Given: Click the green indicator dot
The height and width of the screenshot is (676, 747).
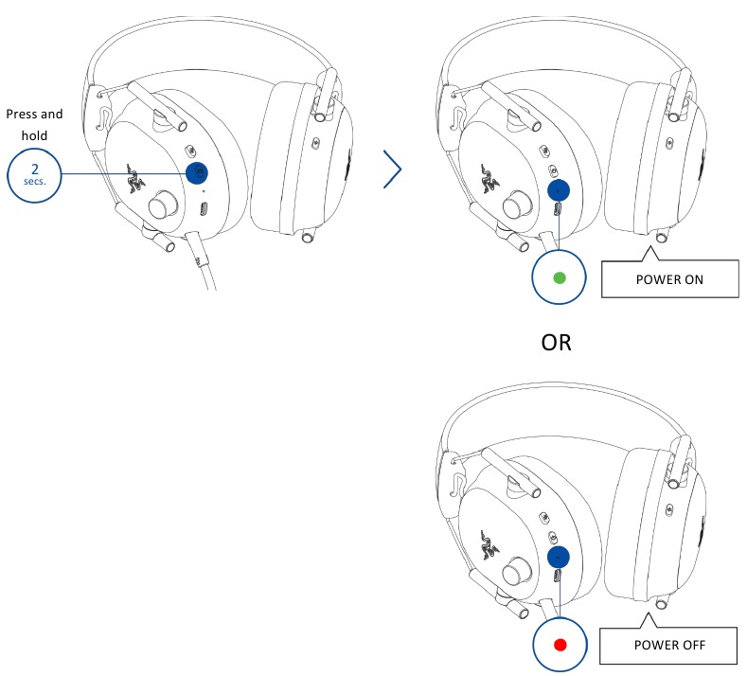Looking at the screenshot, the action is coord(560,277).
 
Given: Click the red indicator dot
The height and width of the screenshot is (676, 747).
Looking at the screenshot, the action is coord(560,645).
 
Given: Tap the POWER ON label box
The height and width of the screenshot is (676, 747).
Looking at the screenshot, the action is coord(669,279).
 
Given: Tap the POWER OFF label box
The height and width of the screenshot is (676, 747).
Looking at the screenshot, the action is coord(668,646).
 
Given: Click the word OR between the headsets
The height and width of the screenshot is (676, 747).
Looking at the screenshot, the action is coord(556,343).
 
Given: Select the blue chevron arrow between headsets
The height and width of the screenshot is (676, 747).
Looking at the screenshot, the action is coord(393,169).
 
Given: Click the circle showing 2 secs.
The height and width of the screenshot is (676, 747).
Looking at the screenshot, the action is coord(34,175).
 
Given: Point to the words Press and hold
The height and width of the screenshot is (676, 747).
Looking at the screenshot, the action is coord(34,125).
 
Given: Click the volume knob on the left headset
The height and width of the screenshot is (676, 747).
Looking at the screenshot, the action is coord(164,205).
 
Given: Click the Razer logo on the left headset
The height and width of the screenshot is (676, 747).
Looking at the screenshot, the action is coord(135,179).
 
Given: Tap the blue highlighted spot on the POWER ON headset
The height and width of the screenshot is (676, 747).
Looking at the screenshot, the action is coord(559,190).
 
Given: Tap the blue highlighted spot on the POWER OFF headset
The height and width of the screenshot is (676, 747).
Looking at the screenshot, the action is coord(559,557).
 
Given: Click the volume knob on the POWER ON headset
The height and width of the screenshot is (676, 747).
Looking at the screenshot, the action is coord(517,205).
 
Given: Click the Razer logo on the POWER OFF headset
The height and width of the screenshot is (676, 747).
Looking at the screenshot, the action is coord(489,545).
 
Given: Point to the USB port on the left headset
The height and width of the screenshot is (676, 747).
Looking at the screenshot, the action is coord(204,208).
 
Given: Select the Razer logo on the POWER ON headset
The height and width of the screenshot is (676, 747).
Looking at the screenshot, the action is coord(490,179).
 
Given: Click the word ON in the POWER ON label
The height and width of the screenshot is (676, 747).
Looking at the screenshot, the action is coord(694,279).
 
